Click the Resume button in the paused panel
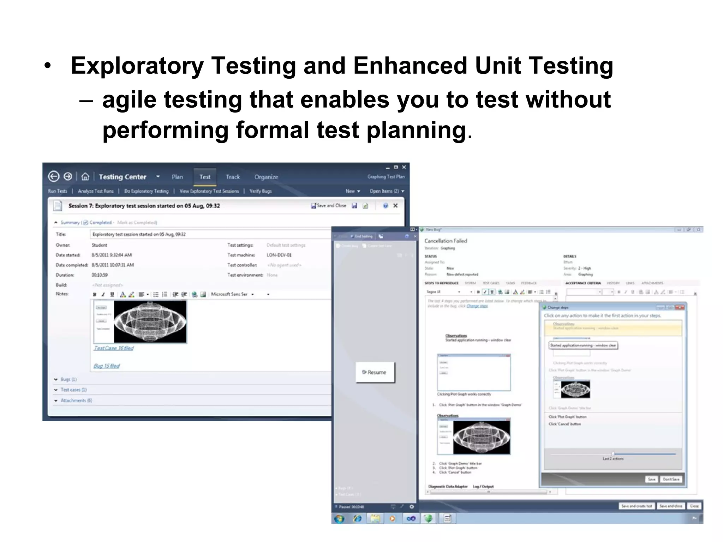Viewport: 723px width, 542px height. (375, 372)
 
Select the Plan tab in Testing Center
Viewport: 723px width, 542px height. (177, 177)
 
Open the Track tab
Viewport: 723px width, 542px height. (233, 177)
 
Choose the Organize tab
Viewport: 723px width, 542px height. (266, 177)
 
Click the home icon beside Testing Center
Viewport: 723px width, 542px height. (85, 176)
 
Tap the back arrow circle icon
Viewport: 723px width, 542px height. (54, 176)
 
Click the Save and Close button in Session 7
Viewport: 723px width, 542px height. (329, 206)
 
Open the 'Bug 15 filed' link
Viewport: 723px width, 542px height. (107, 366)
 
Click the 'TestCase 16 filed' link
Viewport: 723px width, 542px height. (114, 348)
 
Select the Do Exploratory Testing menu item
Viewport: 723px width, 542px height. (146, 191)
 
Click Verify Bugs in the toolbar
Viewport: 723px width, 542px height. (261, 191)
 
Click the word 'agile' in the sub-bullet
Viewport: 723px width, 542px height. (129, 100)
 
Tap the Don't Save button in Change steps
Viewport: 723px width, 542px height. (671, 479)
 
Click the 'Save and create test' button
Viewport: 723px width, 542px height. (637, 506)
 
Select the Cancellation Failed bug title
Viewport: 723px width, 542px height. (446, 241)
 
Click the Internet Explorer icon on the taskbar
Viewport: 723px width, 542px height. (357, 518)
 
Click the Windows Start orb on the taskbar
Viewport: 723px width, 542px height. (339, 518)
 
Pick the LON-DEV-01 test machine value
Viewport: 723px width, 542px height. (279, 255)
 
